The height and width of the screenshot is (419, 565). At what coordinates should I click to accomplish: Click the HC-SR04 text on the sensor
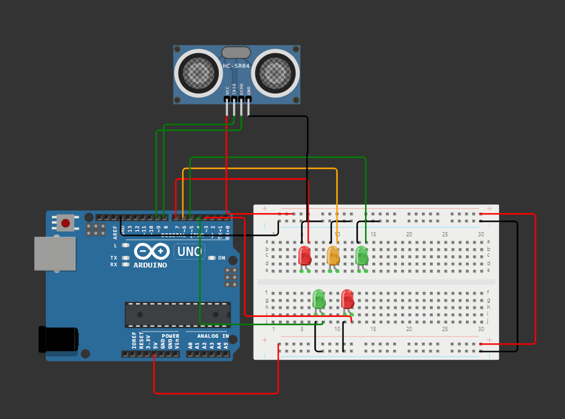point(236,66)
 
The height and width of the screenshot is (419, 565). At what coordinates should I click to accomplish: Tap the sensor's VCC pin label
point(227,90)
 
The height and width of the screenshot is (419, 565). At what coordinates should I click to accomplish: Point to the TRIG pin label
point(234,89)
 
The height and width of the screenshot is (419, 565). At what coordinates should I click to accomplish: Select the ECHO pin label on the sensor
point(242,89)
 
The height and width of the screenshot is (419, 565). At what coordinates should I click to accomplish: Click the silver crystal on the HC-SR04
point(236,53)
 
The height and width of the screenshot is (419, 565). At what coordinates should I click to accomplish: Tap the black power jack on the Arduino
point(59,339)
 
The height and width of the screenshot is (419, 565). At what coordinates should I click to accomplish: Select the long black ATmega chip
point(177,314)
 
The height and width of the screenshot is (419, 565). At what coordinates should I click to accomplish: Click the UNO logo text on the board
point(190,251)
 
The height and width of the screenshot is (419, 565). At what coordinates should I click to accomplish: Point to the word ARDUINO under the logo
point(150,265)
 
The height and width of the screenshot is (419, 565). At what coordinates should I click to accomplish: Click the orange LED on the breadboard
point(333,256)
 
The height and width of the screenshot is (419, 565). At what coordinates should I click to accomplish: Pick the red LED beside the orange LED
point(305,256)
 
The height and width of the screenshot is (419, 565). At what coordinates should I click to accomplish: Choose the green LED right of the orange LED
point(361,255)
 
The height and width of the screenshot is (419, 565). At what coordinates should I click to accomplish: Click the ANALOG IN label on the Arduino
point(212,336)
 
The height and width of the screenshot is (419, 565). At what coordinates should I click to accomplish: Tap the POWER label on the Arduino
point(171,336)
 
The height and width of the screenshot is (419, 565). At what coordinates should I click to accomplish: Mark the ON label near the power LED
point(221,258)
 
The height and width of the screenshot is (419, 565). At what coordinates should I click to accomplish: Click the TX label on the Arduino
point(114,258)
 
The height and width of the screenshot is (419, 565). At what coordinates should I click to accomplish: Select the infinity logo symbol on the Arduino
point(150,251)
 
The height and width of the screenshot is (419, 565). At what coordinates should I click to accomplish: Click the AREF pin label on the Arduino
point(115,231)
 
